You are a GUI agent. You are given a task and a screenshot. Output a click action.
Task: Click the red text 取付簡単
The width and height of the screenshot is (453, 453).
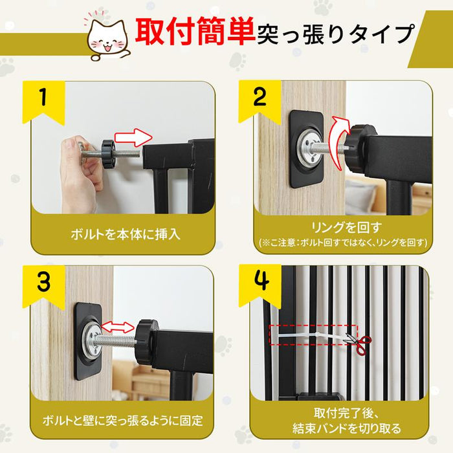[x=195, y=31]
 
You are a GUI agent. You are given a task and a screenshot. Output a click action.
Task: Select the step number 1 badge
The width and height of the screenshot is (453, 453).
[x=43, y=102]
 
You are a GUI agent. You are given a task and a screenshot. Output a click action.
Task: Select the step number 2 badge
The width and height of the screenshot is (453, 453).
[x=260, y=102]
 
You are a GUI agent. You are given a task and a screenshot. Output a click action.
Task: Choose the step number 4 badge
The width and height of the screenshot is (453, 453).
[x=260, y=285]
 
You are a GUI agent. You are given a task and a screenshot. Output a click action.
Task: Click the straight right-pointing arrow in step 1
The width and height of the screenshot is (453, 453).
[x=133, y=137]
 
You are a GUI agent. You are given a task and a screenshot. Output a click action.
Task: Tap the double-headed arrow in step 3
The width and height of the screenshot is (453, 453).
[x=117, y=327]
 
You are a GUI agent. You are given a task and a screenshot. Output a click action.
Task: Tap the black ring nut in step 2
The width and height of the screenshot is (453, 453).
[x=359, y=148]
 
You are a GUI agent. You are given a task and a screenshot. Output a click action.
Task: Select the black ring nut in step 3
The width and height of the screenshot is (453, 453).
[x=146, y=343]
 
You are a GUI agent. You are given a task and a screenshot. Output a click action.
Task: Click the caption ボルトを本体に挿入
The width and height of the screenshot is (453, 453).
[x=126, y=234]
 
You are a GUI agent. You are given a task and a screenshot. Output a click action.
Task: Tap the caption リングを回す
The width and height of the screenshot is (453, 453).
[x=346, y=227]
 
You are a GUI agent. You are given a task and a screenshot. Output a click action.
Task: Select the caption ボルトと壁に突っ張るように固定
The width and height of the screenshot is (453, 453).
[x=122, y=420]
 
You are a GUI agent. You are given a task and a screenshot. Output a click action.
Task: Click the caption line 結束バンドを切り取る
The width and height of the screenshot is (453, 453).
[x=347, y=428]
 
